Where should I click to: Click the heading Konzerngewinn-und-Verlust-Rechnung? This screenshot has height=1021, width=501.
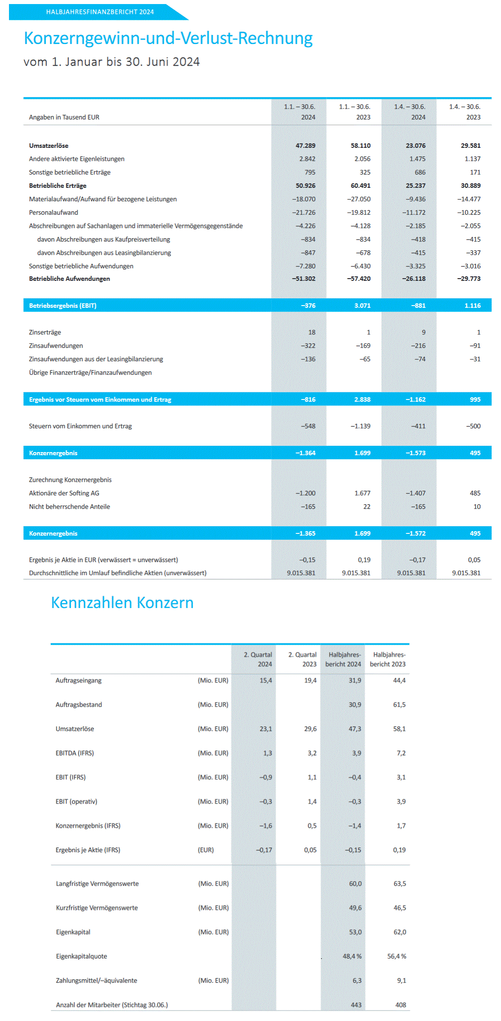click(x=168, y=38)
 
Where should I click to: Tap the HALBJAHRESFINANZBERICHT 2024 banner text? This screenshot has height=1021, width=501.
click(x=100, y=12)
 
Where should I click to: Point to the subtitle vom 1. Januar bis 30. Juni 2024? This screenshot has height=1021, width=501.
click(x=111, y=62)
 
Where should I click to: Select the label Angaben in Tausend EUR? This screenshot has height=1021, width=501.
click(x=64, y=117)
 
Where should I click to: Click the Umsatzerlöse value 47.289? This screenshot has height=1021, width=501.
click(x=305, y=146)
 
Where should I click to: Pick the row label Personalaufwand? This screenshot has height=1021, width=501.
click(x=53, y=213)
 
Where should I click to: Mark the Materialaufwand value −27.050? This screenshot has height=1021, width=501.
click(x=359, y=199)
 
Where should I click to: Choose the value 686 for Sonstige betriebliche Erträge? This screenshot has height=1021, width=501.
click(x=420, y=173)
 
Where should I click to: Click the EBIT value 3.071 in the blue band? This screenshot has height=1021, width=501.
click(x=362, y=306)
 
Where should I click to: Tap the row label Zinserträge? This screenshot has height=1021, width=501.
click(x=45, y=333)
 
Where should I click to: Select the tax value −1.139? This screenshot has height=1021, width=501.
click(x=360, y=426)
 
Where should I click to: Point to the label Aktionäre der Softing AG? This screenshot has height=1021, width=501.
click(x=64, y=493)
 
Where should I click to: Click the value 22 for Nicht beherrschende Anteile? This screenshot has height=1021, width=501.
click(x=367, y=507)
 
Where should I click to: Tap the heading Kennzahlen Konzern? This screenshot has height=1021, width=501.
click(x=122, y=603)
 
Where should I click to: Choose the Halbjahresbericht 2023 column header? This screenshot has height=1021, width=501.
click(x=387, y=660)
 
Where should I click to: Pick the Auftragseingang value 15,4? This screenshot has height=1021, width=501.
click(x=266, y=680)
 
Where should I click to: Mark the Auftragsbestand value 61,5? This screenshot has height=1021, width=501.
click(x=399, y=705)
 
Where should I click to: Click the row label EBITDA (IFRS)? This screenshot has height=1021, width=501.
click(x=75, y=753)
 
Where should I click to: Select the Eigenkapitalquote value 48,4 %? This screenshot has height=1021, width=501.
click(x=352, y=956)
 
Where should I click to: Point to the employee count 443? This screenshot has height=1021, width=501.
click(x=356, y=1005)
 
